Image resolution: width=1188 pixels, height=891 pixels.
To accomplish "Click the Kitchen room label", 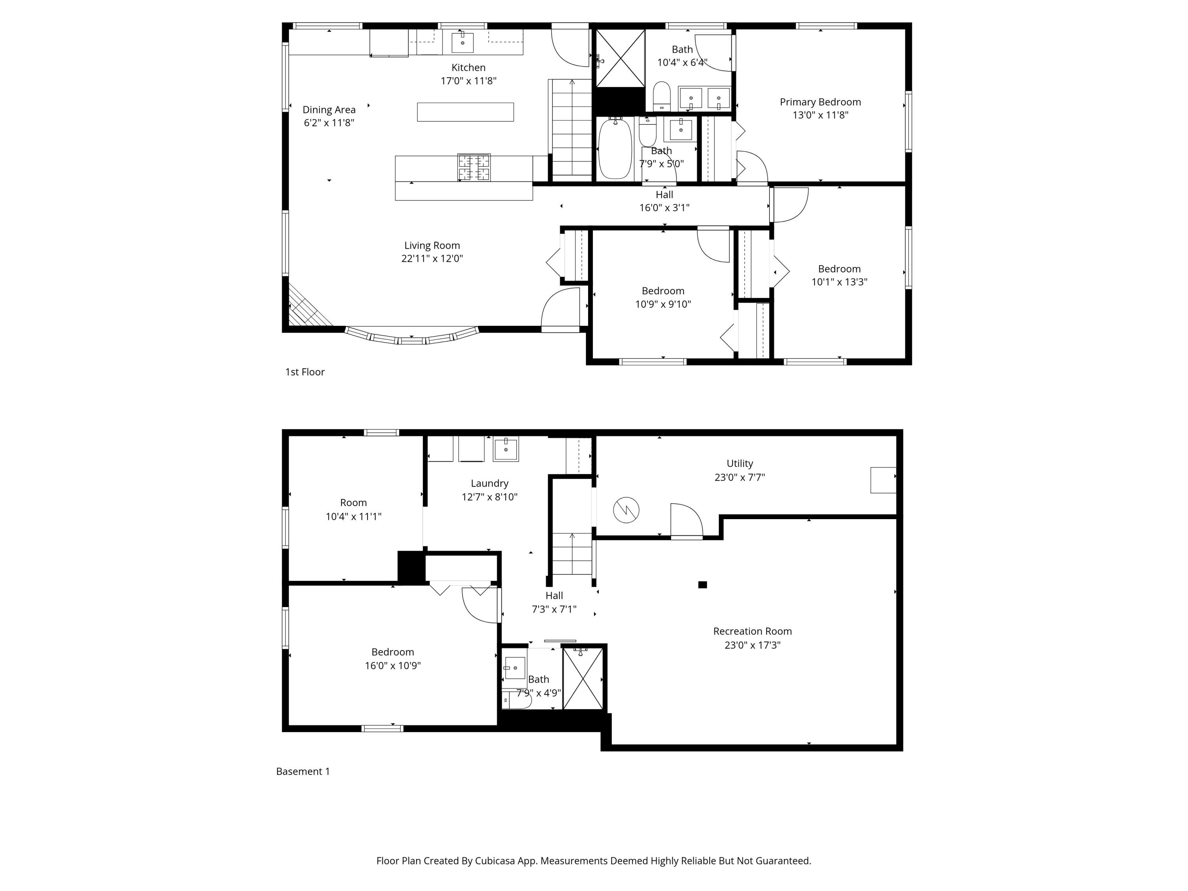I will coord(468,68).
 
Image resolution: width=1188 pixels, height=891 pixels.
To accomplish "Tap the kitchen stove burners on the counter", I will coord(474,167).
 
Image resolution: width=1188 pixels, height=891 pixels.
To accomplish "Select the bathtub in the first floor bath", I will coord(615,149).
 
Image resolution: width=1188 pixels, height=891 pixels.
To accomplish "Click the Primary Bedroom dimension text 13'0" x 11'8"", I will coord(820,115).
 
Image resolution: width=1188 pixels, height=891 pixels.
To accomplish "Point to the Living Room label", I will coord(432,246).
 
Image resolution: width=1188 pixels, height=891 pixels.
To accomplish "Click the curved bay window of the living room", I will coord(411,338).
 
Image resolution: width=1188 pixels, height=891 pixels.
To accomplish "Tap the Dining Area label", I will coord(329,110).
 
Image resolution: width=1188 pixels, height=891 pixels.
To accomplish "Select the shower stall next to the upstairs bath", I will coord(620,58).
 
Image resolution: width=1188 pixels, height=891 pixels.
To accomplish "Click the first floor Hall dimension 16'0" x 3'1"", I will coord(664,208).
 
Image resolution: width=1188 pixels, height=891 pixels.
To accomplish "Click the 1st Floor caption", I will coord(305,372).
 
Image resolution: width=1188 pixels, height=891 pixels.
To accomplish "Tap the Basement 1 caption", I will coord(303,771).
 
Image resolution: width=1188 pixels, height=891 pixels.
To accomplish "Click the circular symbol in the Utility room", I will coord(626,510).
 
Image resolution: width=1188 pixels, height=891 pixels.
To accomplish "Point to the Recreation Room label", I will coord(752,631).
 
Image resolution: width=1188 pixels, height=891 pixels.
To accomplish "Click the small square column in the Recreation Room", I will coord(703,585).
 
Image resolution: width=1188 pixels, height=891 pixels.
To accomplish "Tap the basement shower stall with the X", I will coord(583,679).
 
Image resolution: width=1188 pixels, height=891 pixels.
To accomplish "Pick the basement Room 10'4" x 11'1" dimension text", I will coord(353,517).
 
